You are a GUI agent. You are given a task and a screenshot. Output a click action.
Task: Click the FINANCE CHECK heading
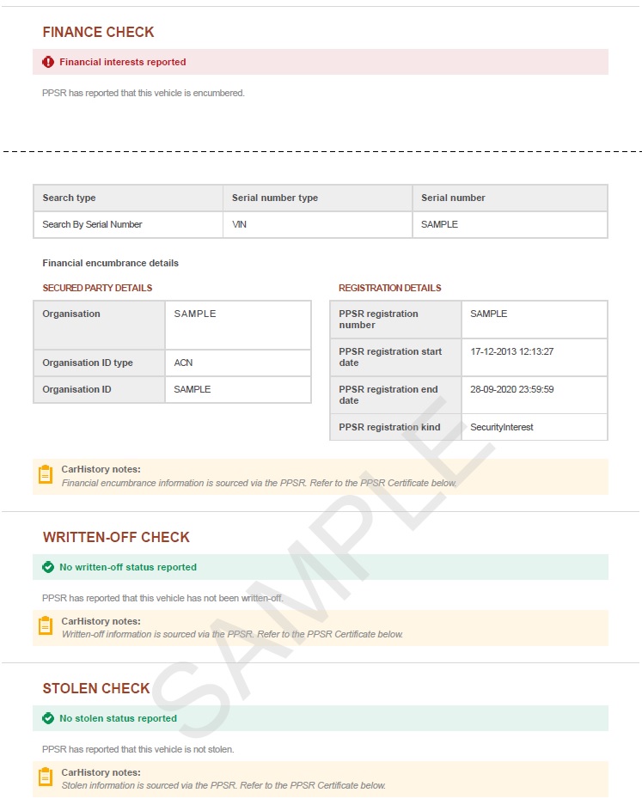click(98, 33)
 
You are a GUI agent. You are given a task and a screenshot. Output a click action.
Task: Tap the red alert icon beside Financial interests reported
click(48, 62)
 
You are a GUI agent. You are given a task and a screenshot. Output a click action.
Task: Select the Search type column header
click(70, 198)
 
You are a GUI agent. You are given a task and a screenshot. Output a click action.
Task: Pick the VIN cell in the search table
click(240, 224)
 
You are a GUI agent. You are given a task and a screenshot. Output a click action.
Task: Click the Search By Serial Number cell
click(92, 224)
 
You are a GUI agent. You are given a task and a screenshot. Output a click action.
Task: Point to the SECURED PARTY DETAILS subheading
click(97, 288)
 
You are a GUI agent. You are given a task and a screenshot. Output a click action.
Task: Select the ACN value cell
click(184, 363)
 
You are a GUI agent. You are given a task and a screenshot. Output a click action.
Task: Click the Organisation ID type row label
click(88, 363)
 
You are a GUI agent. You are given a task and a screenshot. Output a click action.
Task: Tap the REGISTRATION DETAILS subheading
click(389, 288)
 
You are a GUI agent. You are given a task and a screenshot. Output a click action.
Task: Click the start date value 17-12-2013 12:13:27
click(511, 351)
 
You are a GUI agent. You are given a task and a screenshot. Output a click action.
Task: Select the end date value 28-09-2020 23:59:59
click(511, 389)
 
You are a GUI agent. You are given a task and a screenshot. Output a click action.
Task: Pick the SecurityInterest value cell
click(502, 427)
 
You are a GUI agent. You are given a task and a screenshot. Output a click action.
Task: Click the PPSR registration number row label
click(378, 319)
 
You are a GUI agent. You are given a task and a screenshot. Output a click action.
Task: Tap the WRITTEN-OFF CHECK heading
click(116, 538)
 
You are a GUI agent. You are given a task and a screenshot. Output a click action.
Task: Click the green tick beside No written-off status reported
click(48, 567)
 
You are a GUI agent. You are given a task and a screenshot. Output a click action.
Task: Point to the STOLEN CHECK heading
click(96, 689)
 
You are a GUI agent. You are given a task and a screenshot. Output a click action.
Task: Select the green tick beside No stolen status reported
click(48, 718)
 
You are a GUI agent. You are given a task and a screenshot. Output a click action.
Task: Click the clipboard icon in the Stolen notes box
click(46, 777)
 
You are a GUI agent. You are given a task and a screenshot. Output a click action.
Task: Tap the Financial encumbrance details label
click(110, 263)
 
